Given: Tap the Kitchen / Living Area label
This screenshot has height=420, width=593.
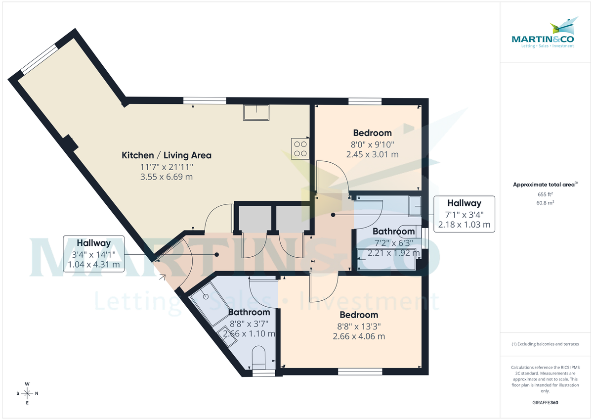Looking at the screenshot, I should tap(167, 155).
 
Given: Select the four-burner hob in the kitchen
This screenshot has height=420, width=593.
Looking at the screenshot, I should tap(300, 148).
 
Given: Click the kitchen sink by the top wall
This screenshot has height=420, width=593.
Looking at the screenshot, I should tap(256, 113).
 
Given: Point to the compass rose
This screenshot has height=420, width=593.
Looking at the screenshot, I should tap(27, 393).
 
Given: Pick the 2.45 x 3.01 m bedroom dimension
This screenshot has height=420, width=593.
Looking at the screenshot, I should tap(373, 154).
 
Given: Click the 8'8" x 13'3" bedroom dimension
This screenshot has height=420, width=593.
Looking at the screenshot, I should tap(359, 326).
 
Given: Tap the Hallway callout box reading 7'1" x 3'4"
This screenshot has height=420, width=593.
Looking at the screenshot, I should tap(464, 214).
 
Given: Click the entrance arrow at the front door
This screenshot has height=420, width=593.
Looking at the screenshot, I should tap(162, 278).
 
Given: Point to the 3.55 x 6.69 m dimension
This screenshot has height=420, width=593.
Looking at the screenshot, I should tap(167, 177).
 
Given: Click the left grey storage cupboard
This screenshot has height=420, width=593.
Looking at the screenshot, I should tap(255, 218).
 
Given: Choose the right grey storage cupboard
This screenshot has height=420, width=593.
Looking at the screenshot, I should tap(293, 218).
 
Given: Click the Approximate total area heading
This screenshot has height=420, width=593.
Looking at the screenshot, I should tap(545, 185).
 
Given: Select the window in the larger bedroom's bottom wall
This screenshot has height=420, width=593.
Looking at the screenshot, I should tap(360, 371).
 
